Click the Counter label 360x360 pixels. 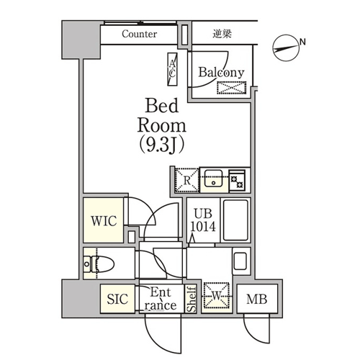point(140,34)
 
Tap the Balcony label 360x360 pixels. point(221,72)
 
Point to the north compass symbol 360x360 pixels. point(287,48)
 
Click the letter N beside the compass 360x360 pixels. point(302,42)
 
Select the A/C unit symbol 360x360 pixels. point(172,69)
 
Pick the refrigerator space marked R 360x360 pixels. point(187,180)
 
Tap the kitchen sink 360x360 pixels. point(213,178)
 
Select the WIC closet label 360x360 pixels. point(104,221)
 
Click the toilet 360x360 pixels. point(99,264)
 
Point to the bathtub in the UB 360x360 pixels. point(235,220)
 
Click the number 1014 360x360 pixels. point(203,226)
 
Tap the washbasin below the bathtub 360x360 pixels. point(240,261)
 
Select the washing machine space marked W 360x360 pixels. point(217,296)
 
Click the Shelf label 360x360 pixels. point(192,299)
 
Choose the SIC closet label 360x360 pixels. point(117,299)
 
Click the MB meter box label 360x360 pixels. point(257,300)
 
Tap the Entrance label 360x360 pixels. point(161,299)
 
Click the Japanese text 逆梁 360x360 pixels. point(222,34)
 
